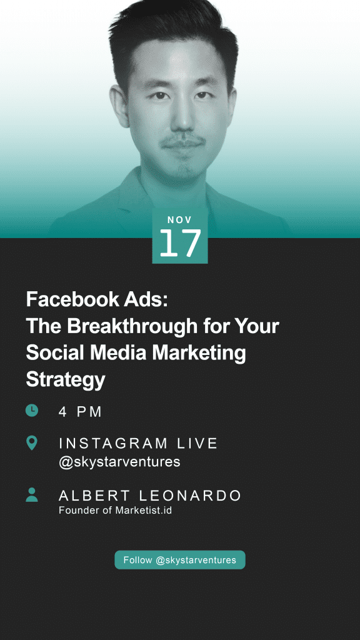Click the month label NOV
click(x=179, y=220)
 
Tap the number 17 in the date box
click(x=180, y=243)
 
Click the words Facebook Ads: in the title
click(x=97, y=299)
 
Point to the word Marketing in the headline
click(x=199, y=354)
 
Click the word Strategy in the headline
click(x=66, y=380)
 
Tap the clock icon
click(x=32, y=410)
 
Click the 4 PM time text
click(x=81, y=412)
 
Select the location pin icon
click(x=31, y=443)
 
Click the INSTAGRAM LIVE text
click(x=138, y=443)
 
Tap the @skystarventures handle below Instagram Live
click(x=119, y=462)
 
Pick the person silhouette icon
click(x=32, y=495)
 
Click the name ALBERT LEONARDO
click(x=150, y=496)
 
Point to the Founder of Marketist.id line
click(x=115, y=510)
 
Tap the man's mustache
click(x=182, y=142)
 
